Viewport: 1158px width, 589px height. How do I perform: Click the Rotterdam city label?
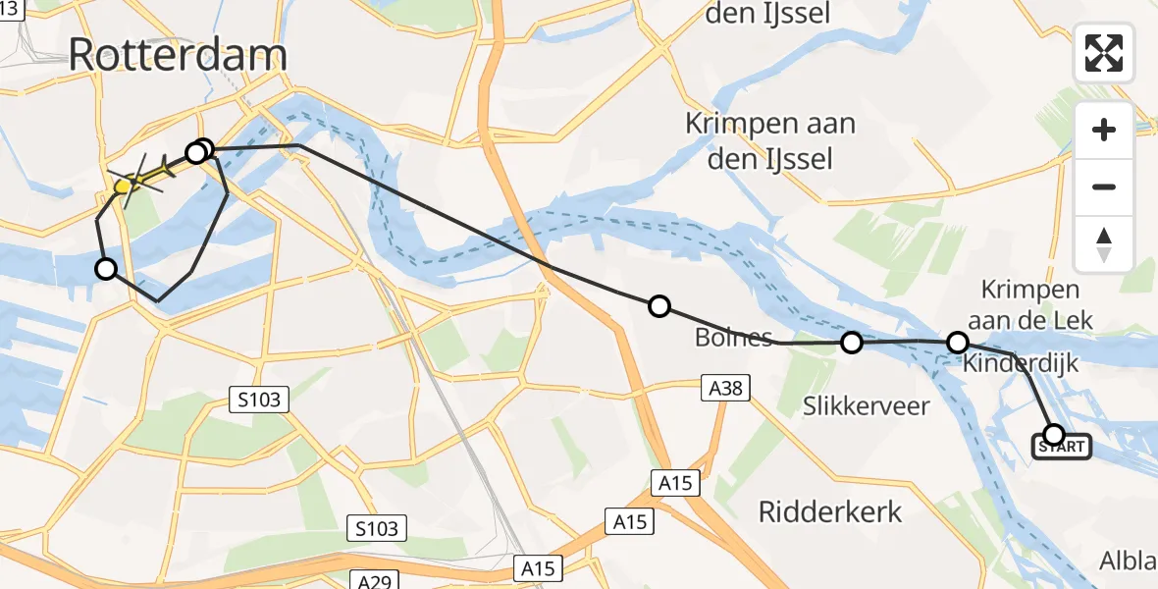pyautogui.click(x=178, y=55)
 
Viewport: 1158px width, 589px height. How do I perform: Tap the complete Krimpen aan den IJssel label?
pyautogui.click(x=770, y=140)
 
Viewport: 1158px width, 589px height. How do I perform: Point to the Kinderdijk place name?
pyautogui.click(x=1021, y=364)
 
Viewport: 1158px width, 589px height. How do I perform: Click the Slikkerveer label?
pyautogui.click(x=867, y=405)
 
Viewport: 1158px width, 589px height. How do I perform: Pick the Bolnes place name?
pyautogui.click(x=733, y=339)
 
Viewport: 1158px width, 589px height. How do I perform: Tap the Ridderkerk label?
pyautogui.click(x=830, y=510)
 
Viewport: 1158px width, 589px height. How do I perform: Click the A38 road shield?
pyautogui.click(x=726, y=390)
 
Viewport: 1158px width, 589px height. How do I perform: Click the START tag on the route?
pyautogui.click(x=1061, y=448)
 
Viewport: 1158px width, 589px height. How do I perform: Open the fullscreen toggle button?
pyautogui.click(x=1104, y=52)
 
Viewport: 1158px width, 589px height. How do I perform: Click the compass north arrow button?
pyautogui.click(x=1104, y=244)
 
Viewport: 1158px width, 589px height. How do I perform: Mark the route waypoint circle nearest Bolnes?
pyautogui.click(x=659, y=306)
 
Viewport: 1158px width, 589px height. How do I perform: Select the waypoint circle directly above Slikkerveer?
pyautogui.click(x=852, y=342)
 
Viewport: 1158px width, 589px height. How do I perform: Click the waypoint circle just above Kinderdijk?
pyautogui.click(x=958, y=342)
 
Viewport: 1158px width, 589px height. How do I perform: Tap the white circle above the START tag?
pyautogui.click(x=1054, y=433)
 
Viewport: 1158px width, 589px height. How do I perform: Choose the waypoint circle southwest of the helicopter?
pyautogui.click(x=105, y=268)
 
